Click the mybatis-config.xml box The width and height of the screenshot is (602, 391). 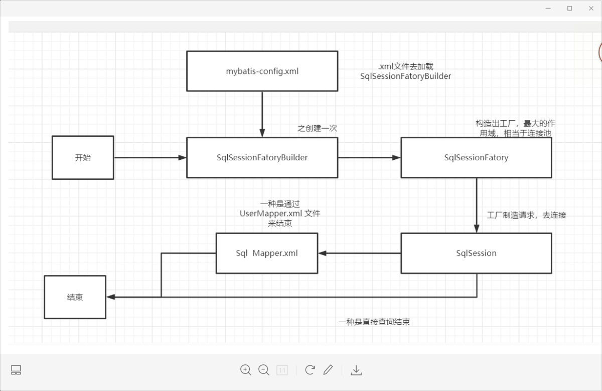[262, 71]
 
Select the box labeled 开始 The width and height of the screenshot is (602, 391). [83, 157]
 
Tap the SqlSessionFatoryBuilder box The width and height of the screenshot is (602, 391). [262, 157]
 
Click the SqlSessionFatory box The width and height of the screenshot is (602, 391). [476, 157]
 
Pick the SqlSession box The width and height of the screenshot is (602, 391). [476, 253]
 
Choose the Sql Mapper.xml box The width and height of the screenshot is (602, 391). [266, 253]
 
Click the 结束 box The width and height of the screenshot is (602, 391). [75, 297]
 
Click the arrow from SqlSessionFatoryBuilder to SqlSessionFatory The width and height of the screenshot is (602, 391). [369, 157]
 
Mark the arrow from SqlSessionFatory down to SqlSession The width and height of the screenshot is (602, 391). [476, 205]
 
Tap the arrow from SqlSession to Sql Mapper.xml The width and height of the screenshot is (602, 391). [359, 253]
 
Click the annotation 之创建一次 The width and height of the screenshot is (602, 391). [317, 128]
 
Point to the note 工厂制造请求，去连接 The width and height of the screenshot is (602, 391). [526, 215]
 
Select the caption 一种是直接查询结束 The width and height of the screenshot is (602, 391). [374, 322]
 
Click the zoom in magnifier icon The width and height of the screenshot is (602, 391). [246, 370]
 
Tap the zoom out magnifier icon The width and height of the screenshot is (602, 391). [264, 370]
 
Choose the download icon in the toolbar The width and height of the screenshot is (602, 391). [356, 370]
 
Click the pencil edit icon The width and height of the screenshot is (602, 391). [328, 370]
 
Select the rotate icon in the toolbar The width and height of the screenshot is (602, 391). [310, 370]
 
